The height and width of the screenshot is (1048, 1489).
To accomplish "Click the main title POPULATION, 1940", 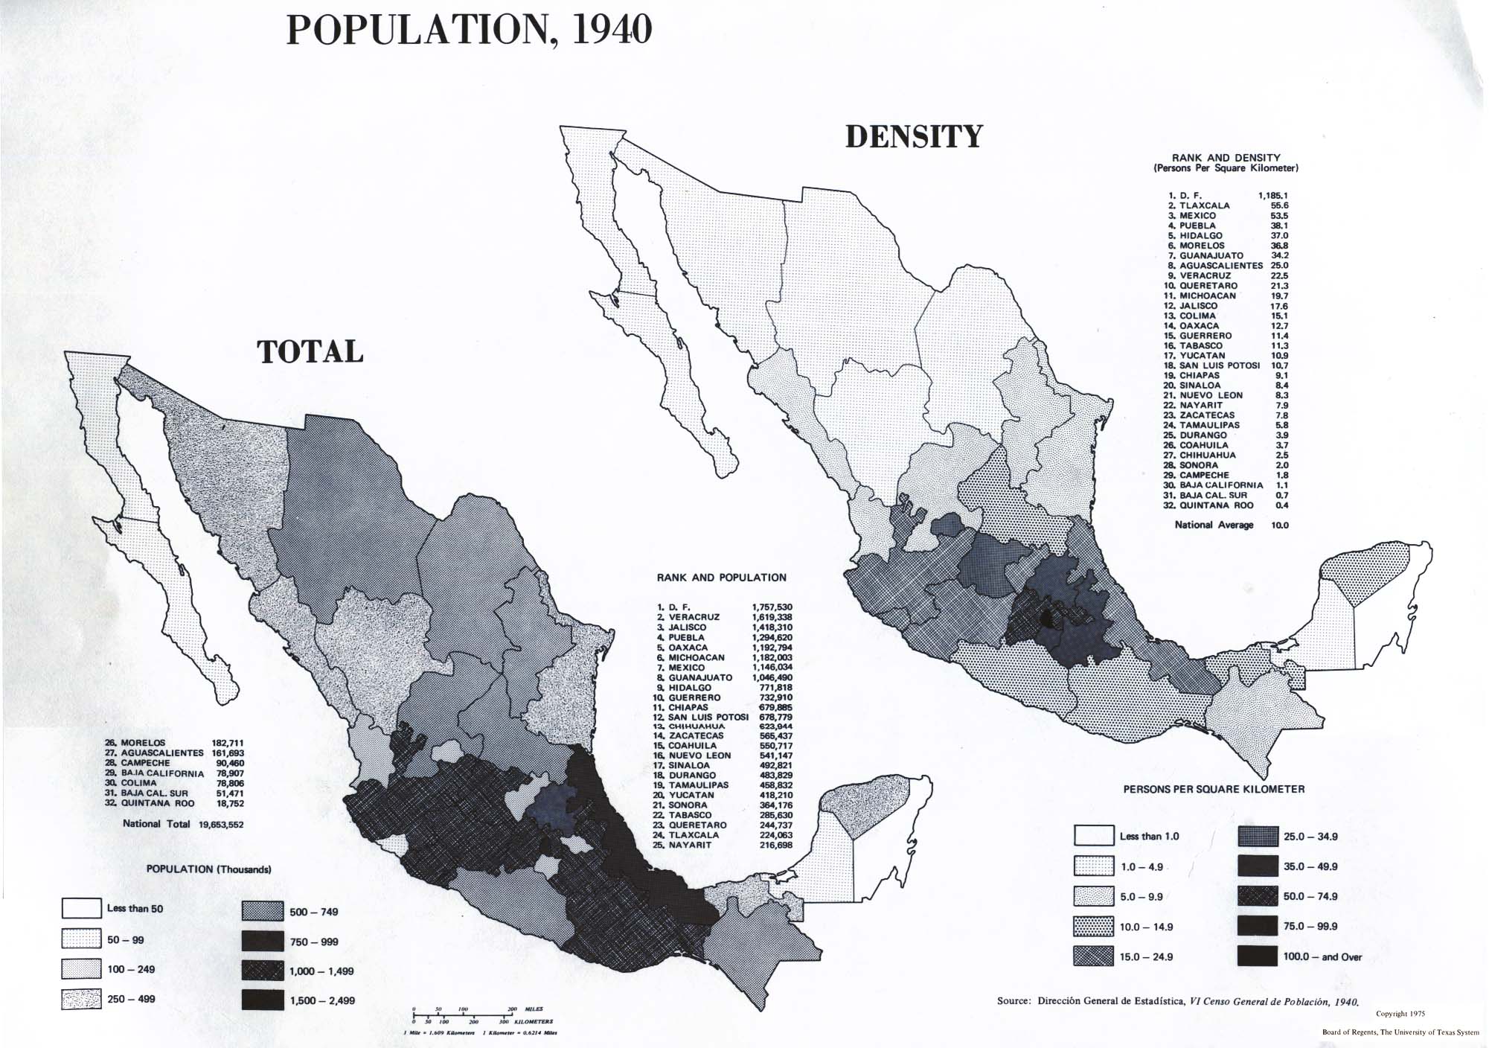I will pos(469,31).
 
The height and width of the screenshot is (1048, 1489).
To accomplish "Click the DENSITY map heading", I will pos(915,138).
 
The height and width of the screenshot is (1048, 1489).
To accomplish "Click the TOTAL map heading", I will pos(310,352).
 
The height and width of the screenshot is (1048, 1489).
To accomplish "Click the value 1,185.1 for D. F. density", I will pos(1272,196).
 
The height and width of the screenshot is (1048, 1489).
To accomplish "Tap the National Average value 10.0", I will pos(1280,525).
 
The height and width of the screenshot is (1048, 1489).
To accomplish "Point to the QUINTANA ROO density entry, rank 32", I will pos(1217,505).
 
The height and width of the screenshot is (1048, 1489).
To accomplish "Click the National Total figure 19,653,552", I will pos(221,825).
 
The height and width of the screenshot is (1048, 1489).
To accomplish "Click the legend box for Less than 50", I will pos(81,908).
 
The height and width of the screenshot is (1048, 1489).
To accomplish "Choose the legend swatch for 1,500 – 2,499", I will pos(263,1000).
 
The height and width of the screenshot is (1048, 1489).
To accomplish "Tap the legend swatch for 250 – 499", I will pos(81,999).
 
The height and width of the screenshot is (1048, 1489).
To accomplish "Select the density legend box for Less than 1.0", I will pos(1094,836).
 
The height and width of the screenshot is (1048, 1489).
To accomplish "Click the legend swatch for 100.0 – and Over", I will pos(1258,956).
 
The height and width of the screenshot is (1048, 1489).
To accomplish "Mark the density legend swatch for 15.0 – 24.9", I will pos(1094,956).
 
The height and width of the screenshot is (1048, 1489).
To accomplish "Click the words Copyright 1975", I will pos(1400,1014).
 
